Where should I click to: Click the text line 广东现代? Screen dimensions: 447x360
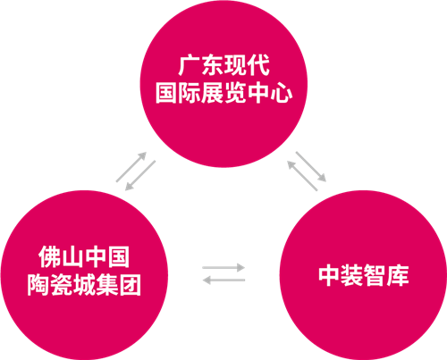224,65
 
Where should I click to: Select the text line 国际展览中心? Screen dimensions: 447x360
223,93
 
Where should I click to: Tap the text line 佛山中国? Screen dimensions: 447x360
84,256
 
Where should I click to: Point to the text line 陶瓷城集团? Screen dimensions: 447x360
84,285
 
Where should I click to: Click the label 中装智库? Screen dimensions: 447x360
364,275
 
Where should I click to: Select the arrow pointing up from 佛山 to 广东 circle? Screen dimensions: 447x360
131,167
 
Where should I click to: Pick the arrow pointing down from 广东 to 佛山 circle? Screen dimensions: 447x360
140,175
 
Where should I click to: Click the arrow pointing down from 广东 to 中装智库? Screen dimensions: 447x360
311,166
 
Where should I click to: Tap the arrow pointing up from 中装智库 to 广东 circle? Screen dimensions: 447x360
302,175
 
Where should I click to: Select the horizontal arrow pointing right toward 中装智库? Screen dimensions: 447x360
223,267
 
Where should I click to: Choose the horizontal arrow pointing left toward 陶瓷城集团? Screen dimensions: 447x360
223,280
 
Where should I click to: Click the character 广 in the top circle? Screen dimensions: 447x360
190,65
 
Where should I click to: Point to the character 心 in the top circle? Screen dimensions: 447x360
282,93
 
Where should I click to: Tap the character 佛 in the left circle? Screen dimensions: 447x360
50,256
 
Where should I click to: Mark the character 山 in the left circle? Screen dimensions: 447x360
72,257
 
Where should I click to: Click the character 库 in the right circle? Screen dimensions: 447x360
398,275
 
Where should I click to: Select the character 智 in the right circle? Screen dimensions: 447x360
375,275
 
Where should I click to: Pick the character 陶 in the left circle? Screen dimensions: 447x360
38,285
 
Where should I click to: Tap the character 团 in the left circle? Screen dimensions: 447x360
131,285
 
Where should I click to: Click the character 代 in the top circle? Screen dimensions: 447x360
259,65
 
